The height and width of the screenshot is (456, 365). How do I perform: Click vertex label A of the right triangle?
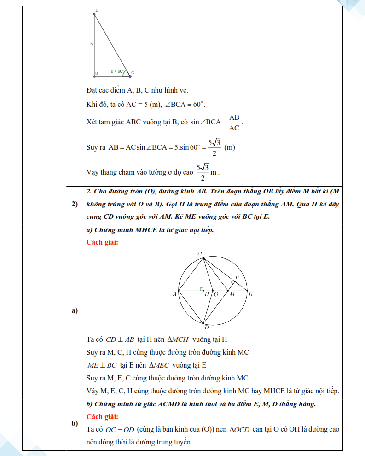pyautogui.click(x=96, y=10)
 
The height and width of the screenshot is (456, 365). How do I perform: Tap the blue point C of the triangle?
pyautogui.click(x=130, y=76)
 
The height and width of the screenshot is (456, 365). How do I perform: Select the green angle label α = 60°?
pyautogui.click(x=117, y=71)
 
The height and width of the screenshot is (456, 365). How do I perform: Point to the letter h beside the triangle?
pyautogui.click(x=92, y=44)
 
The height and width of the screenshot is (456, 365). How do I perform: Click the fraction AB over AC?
pyautogui.click(x=234, y=123)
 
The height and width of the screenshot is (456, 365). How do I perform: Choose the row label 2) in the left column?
pyautogui.click(x=75, y=204)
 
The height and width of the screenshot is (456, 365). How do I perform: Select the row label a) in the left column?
pyautogui.click(x=74, y=311)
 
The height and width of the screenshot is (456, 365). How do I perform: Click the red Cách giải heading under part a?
pyautogui.click(x=102, y=242)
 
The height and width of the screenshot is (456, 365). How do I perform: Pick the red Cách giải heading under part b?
pyautogui.click(x=102, y=417)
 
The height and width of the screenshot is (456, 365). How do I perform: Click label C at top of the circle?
pyautogui.click(x=200, y=254)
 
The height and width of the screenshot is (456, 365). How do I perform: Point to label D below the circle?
pyautogui.click(x=207, y=327)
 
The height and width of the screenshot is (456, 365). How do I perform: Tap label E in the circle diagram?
pyautogui.click(x=237, y=278)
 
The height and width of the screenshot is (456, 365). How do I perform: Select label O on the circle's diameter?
pyautogui.click(x=216, y=294)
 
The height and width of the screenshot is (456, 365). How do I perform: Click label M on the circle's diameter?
pyautogui.click(x=232, y=294)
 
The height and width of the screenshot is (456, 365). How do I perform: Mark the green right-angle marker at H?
pyautogui.click(x=202, y=289)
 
